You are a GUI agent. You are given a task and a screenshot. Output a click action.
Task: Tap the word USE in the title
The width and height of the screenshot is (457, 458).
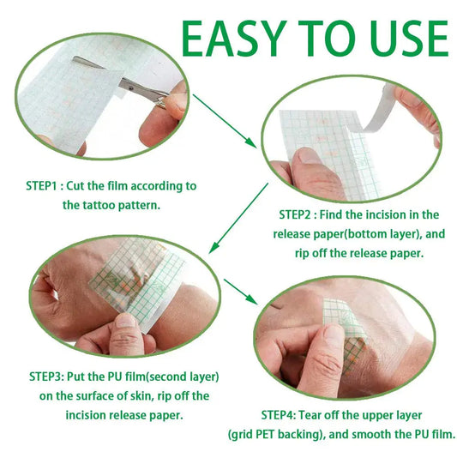click(399, 39)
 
